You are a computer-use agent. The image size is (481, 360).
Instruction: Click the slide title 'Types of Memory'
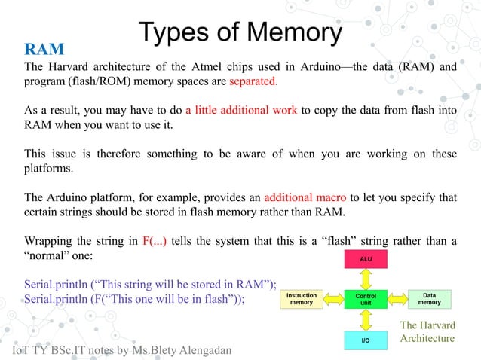click(x=240, y=32)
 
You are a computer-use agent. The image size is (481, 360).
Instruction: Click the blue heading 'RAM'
click(x=44, y=50)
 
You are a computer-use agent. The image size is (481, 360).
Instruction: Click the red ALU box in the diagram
click(x=365, y=261)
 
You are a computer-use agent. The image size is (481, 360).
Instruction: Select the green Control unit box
click(x=365, y=299)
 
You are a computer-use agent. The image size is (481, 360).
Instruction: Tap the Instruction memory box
click(x=302, y=299)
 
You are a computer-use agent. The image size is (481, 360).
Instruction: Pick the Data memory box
click(x=429, y=299)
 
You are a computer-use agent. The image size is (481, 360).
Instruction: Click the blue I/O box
click(x=365, y=341)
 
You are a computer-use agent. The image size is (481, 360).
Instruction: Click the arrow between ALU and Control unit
click(x=365, y=279)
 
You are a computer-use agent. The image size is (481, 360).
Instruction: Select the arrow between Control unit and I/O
click(x=365, y=321)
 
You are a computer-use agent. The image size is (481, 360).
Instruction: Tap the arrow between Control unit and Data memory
click(x=397, y=299)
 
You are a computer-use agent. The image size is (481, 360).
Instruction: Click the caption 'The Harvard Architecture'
click(x=427, y=332)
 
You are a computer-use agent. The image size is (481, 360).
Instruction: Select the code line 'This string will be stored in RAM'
click(x=151, y=285)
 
